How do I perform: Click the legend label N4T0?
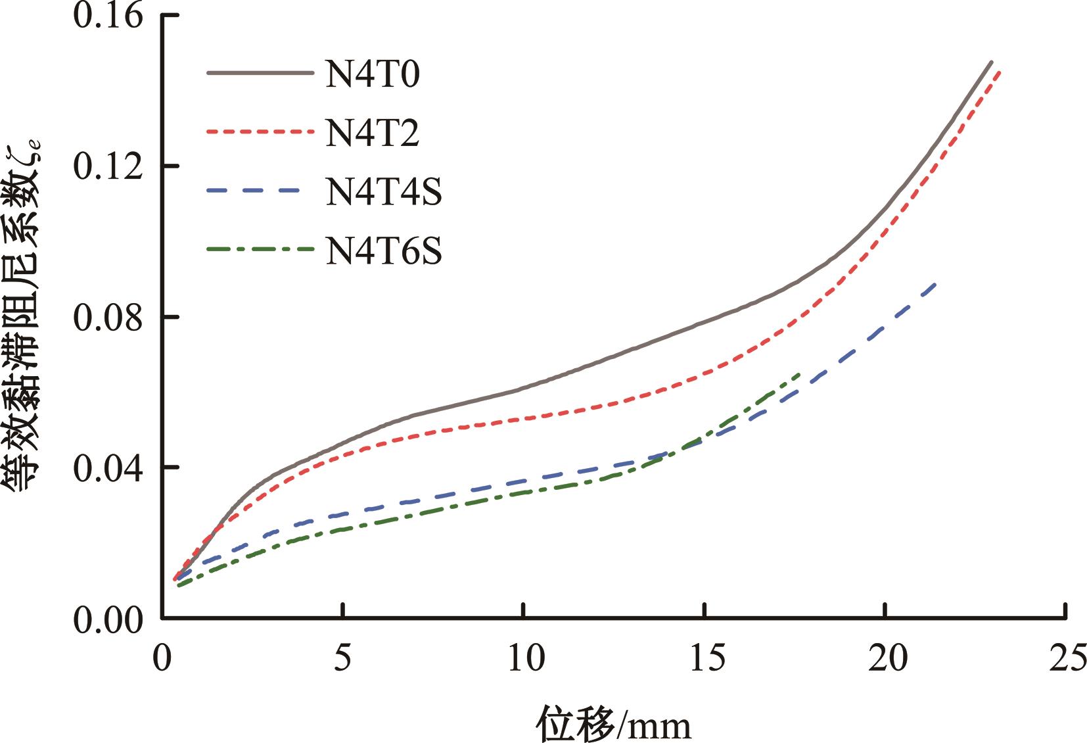click(372, 74)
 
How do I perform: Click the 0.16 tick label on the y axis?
click(108, 16)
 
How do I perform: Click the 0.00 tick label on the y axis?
click(108, 619)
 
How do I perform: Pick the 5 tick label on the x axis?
click(342, 658)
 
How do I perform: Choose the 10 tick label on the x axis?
click(523, 658)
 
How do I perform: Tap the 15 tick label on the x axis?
click(704, 658)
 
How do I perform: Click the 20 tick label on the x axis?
click(885, 658)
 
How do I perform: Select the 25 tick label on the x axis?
click(1065, 658)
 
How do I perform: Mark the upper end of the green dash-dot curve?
click(798, 374)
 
